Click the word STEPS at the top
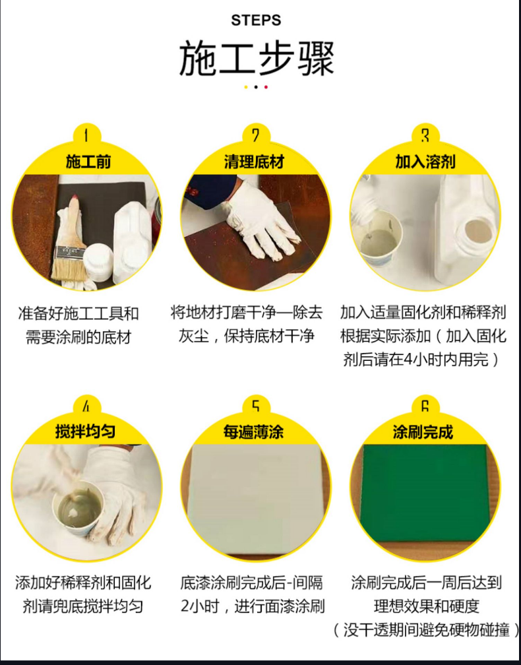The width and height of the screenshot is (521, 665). point(256,20)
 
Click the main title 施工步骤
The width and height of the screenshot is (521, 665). point(256,59)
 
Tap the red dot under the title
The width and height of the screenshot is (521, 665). point(266,87)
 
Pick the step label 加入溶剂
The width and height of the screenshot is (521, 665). point(425,162)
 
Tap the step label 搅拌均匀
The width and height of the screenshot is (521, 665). point(86,432)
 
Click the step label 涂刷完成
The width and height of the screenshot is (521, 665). point(423,432)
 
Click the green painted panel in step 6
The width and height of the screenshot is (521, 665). point(423,491)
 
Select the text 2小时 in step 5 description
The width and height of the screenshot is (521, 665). point(197,606)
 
